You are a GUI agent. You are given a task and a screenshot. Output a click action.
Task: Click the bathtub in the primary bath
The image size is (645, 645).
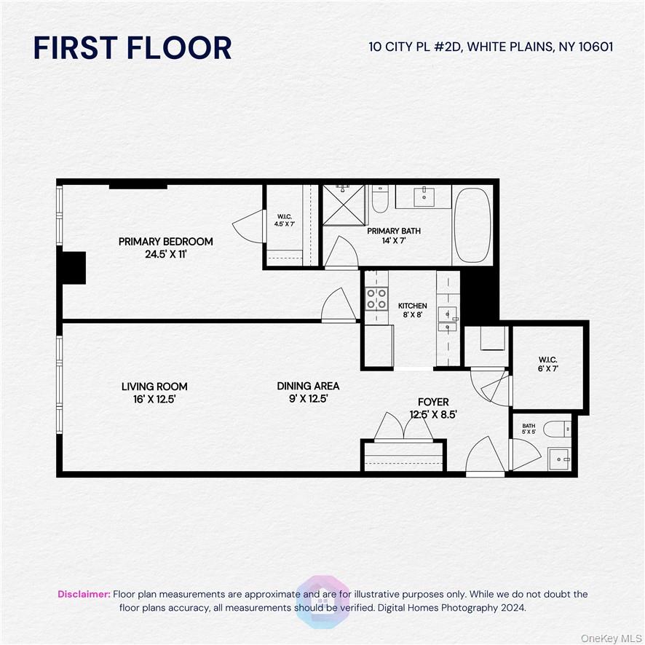coord(472,224)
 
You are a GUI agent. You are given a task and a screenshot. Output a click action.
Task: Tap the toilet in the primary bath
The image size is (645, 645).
coord(380,199)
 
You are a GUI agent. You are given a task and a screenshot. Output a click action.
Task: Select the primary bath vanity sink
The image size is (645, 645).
coord(424,196)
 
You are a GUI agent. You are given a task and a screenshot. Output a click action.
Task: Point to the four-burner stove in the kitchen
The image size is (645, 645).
coord(376,298)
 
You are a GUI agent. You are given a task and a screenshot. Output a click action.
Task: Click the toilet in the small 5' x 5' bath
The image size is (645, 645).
coord(558,429)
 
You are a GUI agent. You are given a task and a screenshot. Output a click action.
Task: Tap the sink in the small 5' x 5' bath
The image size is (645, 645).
coord(559,459)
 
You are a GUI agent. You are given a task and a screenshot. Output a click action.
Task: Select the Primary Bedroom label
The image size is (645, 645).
coord(166,242)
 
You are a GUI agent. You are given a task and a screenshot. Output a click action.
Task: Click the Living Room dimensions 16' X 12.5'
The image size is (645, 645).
coord(154,399)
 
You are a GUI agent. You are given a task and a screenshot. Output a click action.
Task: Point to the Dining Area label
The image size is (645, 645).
coord(308,386)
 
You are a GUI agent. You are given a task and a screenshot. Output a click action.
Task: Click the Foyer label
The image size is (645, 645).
coord(432,402)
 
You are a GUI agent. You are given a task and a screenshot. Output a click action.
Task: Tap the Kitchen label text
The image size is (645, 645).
coord(412,306)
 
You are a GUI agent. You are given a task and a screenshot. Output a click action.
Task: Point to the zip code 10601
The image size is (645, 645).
coord(593,47)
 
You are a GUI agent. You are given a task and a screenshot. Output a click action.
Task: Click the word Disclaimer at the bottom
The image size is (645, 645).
coord(84,594)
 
